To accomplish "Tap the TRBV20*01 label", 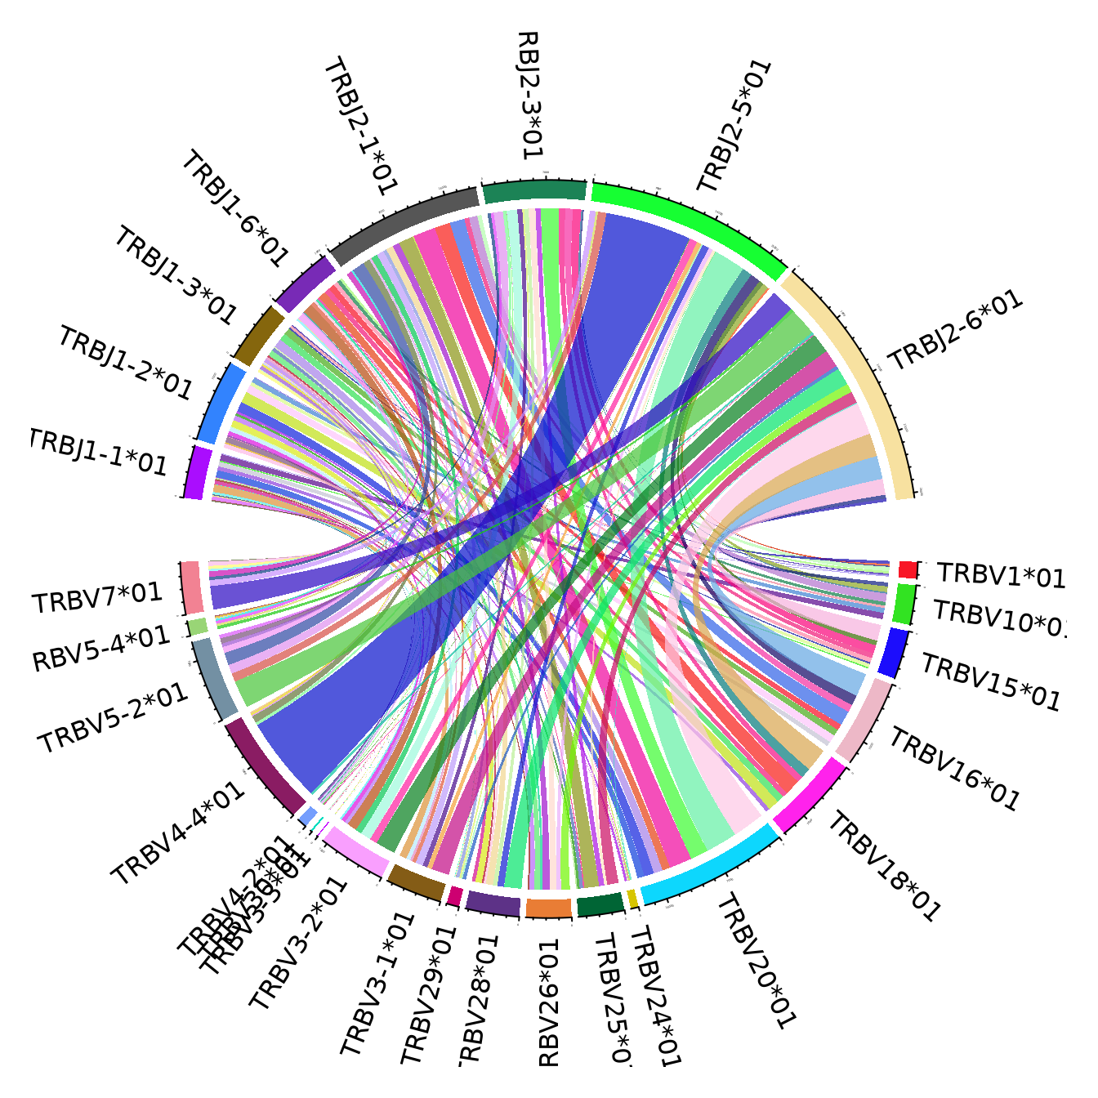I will click(x=756, y=961).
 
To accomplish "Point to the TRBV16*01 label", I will click(x=954, y=770).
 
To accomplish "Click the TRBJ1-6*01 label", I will click(x=234, y=208).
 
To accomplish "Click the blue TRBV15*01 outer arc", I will click(x=894, y=652).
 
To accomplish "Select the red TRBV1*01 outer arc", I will click(x=907, y=569).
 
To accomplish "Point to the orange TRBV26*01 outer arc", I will click(x=548, y=908).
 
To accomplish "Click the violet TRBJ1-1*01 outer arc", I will click(x=196, y=472).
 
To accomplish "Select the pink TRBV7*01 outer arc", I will click(x=191, y=587).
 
